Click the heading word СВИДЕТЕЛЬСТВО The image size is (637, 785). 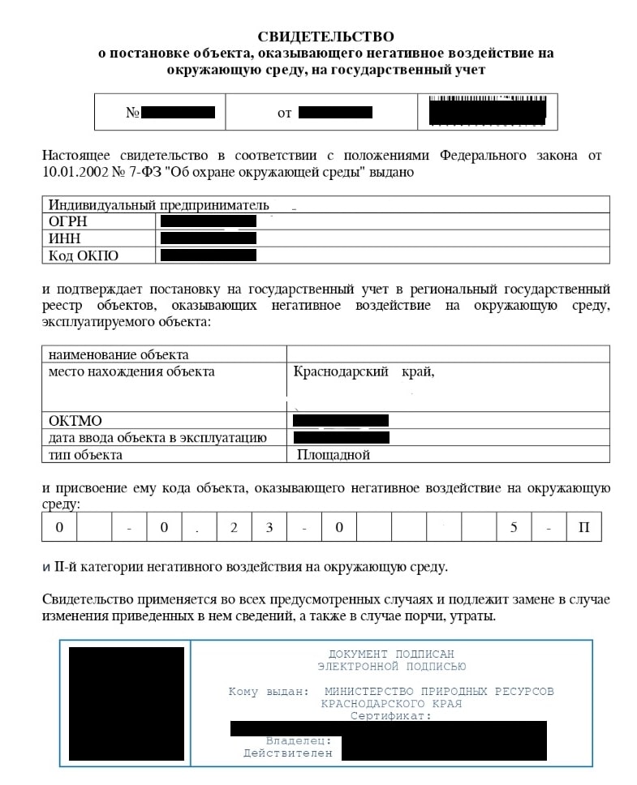(325, 36)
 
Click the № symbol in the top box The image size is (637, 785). (133, 113)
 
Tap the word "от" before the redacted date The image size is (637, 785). (284, 113)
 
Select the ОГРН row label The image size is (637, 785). (67, 221)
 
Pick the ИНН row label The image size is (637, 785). (65, 238)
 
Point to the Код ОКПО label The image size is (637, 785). (83, 255)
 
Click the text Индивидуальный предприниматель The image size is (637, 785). (158, 204)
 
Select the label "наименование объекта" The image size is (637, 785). (118, 354)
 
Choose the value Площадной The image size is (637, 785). (334, 455)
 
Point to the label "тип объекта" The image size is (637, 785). (85, 455)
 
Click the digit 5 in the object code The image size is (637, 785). (514, 528)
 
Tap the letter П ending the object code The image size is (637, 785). (583, 528)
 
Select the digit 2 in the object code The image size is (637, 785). (234, 528)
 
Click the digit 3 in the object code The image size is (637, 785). (269, 528)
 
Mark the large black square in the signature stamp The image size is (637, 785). (126, 702)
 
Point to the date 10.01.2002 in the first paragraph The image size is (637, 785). (74, 172)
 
